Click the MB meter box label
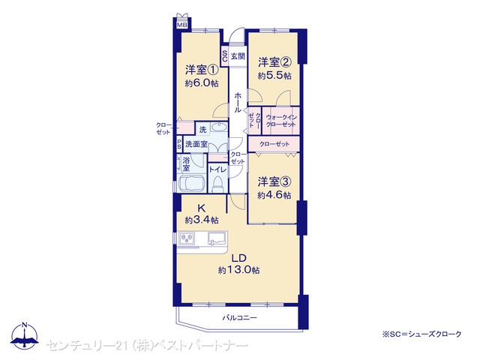pos(182,25)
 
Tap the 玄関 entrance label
pos(238,56)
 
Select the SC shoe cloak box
pos(225,56)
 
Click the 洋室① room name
pos(202,70)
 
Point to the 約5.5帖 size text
pos(274,76)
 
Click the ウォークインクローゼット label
pos(281,121)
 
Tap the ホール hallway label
pos(238,102)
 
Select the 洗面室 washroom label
pos(196,144)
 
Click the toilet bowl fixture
pos(218,184)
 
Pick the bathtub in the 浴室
pos(191,183)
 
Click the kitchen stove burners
pos(187,238)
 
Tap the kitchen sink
pos(217,238)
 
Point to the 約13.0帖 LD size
pos(239,270)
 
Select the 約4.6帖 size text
pos(274,195)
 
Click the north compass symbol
pos(25,335)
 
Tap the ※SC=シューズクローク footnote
pos(421,334)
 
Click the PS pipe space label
pos(179,144)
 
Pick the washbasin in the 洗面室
pos(218,127)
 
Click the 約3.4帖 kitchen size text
pos(202,220)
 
